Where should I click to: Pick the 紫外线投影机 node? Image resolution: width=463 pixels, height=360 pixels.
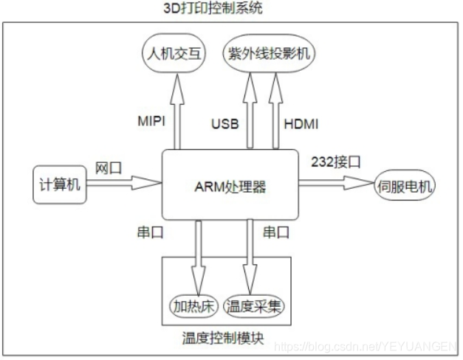tap(266, 54)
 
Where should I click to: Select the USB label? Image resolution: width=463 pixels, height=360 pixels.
tap(224, 122)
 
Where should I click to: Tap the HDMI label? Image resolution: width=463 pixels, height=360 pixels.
tap(300, 122)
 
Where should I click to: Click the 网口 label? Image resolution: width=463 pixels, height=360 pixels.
tap(106, 167)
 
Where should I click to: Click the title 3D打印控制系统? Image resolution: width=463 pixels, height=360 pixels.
tap(212, 9)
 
